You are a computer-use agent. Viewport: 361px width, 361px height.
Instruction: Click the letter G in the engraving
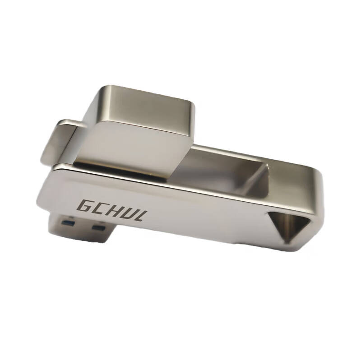85,206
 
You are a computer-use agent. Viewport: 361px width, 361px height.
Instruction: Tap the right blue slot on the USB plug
98,228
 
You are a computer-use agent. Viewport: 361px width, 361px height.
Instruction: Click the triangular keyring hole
288,224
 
